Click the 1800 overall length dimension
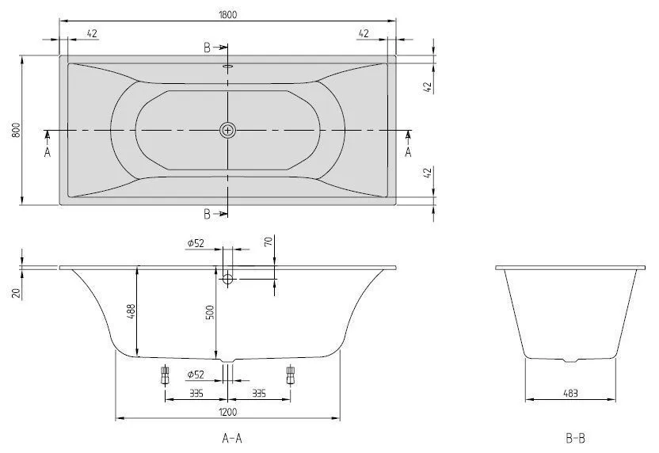tap(228, 14)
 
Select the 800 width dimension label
tap(14, 131)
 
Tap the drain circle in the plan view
tap(228, 131)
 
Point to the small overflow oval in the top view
tap(228, 67)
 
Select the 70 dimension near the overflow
tap(269, 242)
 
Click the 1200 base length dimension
tap(228, 410)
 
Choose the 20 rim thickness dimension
tap(15, 292)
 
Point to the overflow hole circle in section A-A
tap(228, 279)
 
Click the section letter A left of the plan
tap(48, 152)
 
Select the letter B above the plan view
tap(208, 48)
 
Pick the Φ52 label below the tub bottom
tap(196, 374)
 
